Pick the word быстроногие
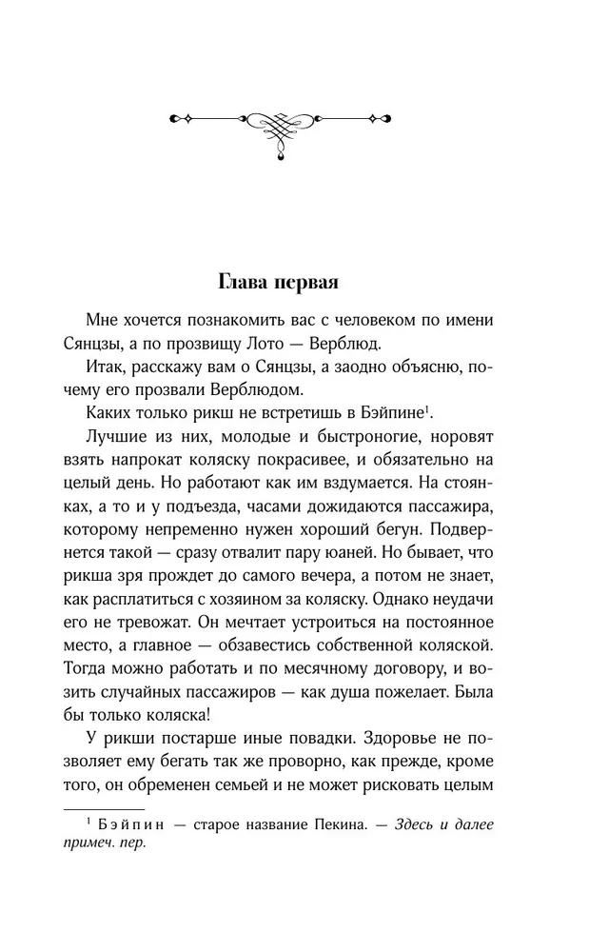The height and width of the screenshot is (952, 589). pyautogui.click(x=375, y=440)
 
